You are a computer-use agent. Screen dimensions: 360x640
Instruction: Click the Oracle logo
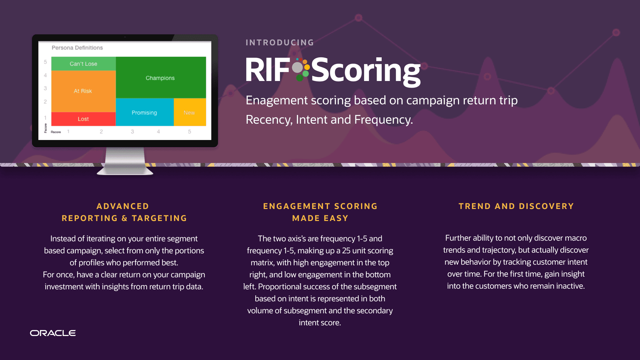click(x=53, y=333)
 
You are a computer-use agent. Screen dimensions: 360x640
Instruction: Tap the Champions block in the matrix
click(x=160, y=78)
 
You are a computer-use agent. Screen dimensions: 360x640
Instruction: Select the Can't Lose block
click(x=83, y=64)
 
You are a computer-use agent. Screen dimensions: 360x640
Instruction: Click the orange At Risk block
click(x=83, y=91)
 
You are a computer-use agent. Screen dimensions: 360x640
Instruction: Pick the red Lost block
click(x=83, y=119)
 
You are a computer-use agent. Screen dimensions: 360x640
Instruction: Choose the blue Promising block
click(x=144, y=113)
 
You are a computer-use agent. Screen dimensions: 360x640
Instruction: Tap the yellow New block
click(x=189, y=113)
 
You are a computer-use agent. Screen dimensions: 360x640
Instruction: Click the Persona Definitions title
click(x=77, y=48)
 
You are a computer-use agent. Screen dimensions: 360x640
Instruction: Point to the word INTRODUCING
click(x=280, y=43)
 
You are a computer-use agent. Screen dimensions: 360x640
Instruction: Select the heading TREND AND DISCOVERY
click(x=516, y=206)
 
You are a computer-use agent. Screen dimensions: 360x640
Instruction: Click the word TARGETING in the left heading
click(x=159, y=218)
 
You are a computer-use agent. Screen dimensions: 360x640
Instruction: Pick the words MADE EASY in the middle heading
click(x=320, y=218)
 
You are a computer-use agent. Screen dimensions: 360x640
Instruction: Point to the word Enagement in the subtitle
click(x=276, y=100)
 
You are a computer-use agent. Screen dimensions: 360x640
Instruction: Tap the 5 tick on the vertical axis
click(x=45, y=62)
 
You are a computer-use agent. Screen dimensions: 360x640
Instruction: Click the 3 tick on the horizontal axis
click(x=132, y=132)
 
